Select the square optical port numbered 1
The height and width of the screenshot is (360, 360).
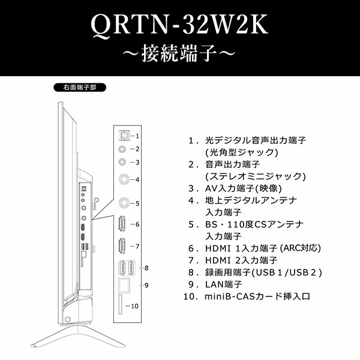tap(124, 136)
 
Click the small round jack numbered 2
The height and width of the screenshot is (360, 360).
tap(124, 148)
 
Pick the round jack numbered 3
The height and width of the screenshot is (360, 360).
tap(124, 161)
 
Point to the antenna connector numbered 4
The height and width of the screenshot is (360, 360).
tap(124, 179)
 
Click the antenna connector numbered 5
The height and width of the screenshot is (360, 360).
tap(124, 203)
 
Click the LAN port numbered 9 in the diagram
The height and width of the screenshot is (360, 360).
tap(124, 286)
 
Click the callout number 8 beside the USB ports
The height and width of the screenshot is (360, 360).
tap(146, 268)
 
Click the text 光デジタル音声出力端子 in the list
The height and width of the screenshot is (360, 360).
tap(254, 140)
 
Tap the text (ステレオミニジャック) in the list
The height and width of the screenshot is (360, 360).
tap(255, 176)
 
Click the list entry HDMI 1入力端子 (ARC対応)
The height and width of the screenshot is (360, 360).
tap(263, 248)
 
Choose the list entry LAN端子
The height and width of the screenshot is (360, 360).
tap(224, 284)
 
